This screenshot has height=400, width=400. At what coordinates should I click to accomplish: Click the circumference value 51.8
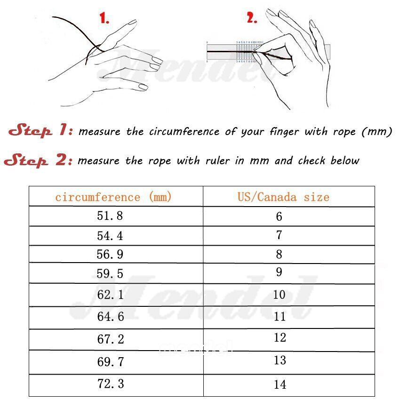[x=111, y=216]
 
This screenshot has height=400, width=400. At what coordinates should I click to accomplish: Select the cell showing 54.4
[x=111, y=236]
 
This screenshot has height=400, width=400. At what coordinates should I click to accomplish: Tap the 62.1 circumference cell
[x=111, y=295]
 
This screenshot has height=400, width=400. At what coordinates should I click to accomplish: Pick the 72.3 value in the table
[x=111, y=384]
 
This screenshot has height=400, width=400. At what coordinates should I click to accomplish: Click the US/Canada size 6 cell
[x=279, y=216]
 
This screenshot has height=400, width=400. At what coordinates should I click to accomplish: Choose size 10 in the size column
[x=279, y=295]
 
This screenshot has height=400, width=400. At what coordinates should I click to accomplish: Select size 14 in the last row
[x=280, y=384]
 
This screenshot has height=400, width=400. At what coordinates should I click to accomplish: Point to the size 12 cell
[x=280, y=337]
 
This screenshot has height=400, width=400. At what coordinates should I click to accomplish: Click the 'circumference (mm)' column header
[x=113, y=197]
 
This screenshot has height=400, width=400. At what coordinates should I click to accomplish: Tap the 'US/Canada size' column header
[x=283, y=197]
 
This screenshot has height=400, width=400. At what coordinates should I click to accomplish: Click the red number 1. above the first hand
[x=104, y=19]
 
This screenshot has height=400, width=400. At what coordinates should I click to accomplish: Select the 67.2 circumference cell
[x=111, y=339]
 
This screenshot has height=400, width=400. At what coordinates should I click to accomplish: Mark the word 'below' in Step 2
[x=344, y=161]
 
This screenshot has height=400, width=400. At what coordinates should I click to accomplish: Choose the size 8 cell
[x=279, y=255]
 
